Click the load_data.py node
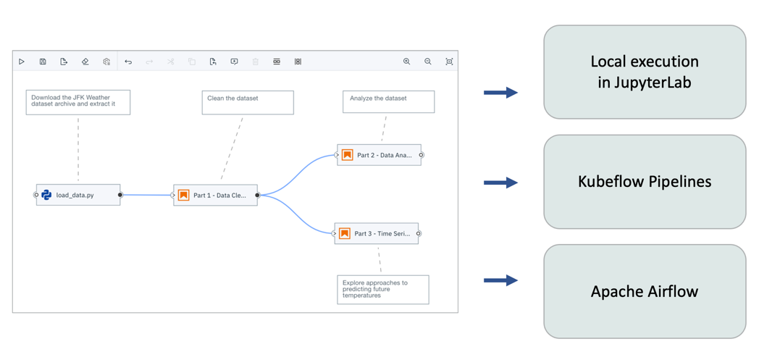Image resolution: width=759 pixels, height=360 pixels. tap(78, 195)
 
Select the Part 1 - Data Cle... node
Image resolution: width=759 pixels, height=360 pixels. tap(215, 195)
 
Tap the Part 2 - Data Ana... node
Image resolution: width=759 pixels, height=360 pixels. tap(379, 155)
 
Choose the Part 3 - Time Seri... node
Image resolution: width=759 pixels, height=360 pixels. tap(377, 233)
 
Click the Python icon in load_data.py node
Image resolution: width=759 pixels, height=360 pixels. tap(46, 195)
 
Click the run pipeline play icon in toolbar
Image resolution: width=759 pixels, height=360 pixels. tap(22, 62)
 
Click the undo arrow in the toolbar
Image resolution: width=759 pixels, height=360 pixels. tap(128, 62)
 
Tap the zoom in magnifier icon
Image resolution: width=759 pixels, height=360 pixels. tap(406, 62)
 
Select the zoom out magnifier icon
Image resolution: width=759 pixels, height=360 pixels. tap(428, 62)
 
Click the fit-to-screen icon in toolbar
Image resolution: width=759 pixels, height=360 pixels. tap(449, 62)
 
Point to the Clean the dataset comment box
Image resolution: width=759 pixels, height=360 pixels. tap(248, 102)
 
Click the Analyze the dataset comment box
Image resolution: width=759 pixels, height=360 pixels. tap(388, 101)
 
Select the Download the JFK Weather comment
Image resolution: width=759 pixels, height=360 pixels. tap(78, 102)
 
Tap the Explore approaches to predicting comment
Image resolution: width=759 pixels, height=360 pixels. tap(382, 289)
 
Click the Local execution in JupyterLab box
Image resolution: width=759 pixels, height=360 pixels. tap(645, 72)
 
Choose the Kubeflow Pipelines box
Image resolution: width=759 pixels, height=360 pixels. tap(645, 182)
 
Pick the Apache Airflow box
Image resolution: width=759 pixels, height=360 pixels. tap(645, 291)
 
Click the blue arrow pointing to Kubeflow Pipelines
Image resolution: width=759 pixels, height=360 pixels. tap(500, 183)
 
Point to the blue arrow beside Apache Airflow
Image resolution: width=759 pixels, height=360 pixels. tap(500, 280)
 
